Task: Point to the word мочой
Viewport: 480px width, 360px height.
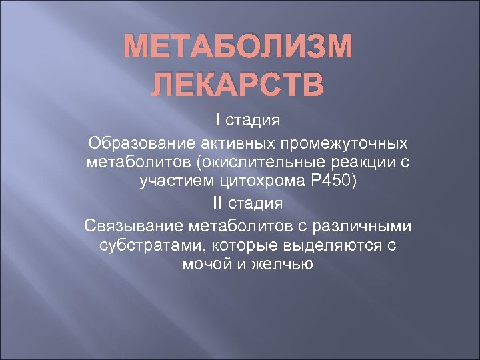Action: (x=200, y=265)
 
